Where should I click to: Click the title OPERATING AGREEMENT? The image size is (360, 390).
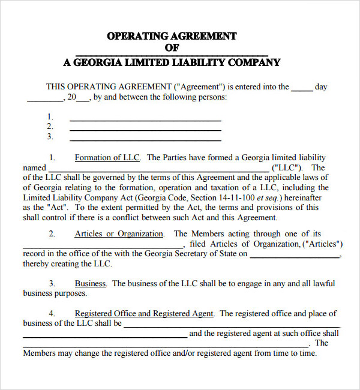172,36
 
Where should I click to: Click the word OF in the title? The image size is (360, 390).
172,49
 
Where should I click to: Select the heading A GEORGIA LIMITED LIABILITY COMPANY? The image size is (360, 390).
172,62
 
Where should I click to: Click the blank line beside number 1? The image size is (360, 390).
145,120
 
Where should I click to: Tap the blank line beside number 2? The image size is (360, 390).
145,130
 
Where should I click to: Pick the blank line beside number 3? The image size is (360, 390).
145,140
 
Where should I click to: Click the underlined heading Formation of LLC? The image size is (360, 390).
107,158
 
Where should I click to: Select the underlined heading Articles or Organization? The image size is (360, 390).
119,234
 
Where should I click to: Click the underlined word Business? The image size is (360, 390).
90,283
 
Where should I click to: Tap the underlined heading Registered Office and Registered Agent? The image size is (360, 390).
143,313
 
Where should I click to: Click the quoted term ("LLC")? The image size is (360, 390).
287,168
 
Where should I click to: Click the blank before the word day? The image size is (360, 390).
302,89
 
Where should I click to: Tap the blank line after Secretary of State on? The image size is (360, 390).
294,257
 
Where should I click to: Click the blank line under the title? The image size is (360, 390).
172,55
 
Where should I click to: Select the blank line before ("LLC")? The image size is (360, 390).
158,170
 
